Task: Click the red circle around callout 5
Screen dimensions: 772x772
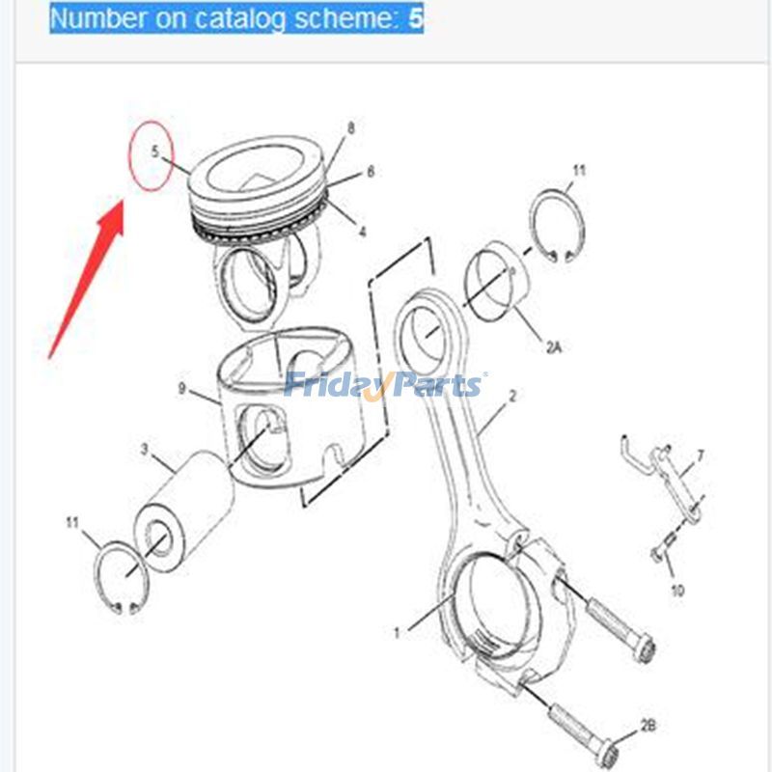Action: [155, 154]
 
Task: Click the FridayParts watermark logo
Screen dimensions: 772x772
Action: [385, 384]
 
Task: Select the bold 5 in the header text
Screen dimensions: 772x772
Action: [416, 18]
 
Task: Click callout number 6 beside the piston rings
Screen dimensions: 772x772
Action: [370, 173]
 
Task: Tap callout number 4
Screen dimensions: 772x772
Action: [363, 232]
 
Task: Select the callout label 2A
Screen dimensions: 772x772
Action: [553, 347]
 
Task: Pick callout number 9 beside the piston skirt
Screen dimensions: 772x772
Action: [181, 389]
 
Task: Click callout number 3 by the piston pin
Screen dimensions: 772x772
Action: [145, 449]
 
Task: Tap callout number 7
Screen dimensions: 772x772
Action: [701, 455]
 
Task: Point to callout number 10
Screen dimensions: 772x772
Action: [676, 590]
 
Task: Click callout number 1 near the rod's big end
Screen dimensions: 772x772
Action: [396, 634]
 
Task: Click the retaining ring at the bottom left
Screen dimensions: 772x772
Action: [121, 578]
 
